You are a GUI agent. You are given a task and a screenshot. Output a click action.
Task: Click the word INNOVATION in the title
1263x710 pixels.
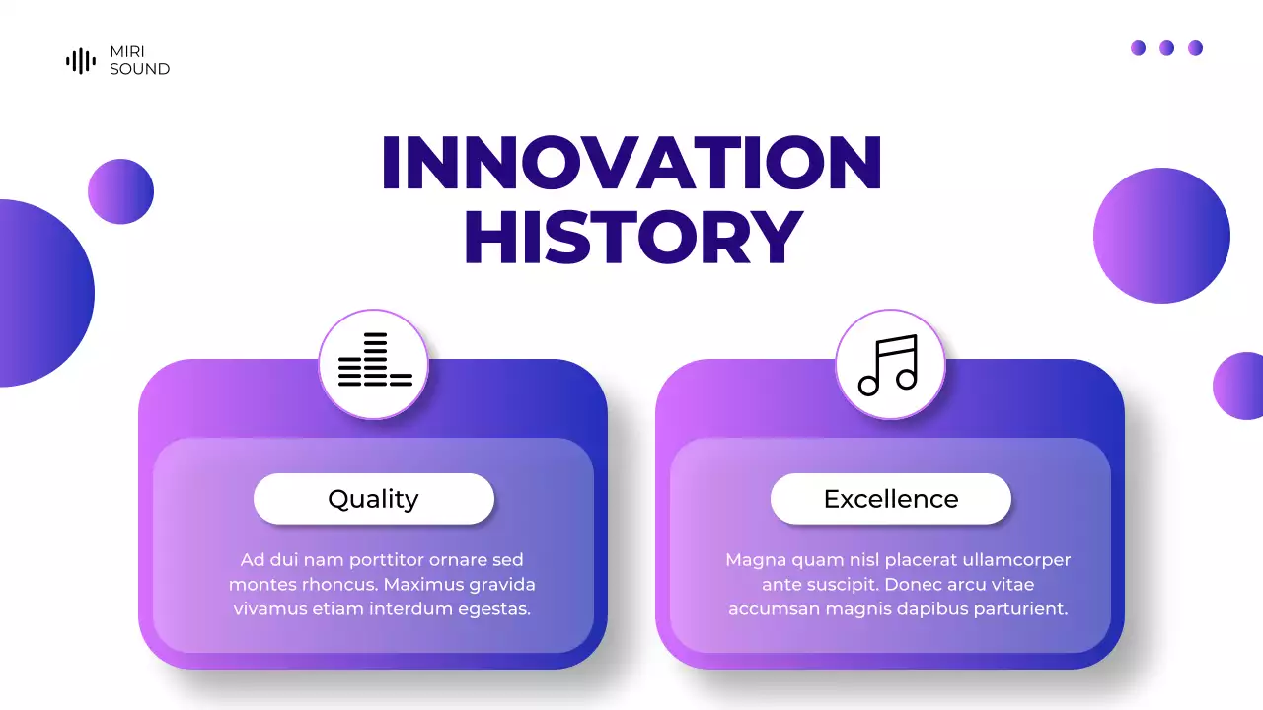(x=631, y=163)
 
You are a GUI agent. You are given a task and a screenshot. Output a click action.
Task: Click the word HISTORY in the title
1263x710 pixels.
(x=632, y=239)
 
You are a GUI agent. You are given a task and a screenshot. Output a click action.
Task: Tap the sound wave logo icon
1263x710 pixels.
(x=81, y=61)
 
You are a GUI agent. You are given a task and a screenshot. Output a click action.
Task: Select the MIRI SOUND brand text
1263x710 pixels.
(x=139, y=61)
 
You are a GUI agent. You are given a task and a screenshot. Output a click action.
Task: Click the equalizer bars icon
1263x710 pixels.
(x=374, y=362)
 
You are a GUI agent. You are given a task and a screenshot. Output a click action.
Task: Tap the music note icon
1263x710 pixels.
(x=889, y=364)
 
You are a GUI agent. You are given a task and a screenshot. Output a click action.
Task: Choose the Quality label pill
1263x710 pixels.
(x=373, y=499)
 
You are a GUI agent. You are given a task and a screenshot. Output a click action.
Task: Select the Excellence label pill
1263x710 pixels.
(x=890, y=499)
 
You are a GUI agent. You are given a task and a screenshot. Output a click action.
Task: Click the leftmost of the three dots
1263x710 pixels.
(x=1138, y=48)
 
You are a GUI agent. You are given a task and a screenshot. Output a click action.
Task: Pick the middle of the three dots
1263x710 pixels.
(x=1166, y=48)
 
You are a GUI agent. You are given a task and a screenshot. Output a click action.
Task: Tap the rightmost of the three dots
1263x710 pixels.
(x=1195, y=48)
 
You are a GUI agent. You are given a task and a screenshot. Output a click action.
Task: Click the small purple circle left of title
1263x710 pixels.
(x=120, y=191)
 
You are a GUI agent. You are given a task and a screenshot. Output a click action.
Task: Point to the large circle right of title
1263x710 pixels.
(x=1161, y=236)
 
